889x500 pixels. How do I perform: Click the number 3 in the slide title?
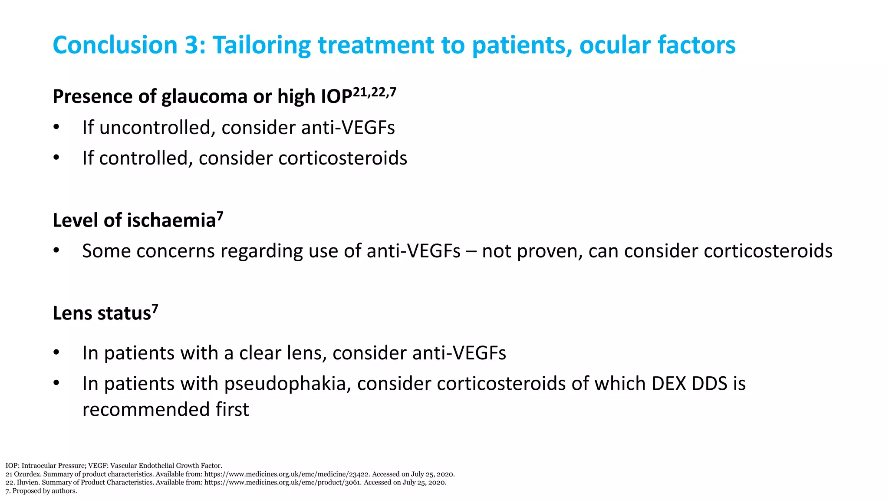191,45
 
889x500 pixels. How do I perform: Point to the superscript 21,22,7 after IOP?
375,92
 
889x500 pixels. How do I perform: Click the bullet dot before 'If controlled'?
56,158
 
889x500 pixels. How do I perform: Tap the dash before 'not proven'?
471,251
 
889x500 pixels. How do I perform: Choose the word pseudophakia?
284,384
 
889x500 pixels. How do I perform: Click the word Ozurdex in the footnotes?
27,474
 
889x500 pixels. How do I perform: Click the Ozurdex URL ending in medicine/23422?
286,474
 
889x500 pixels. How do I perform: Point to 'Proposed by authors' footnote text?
45,491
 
